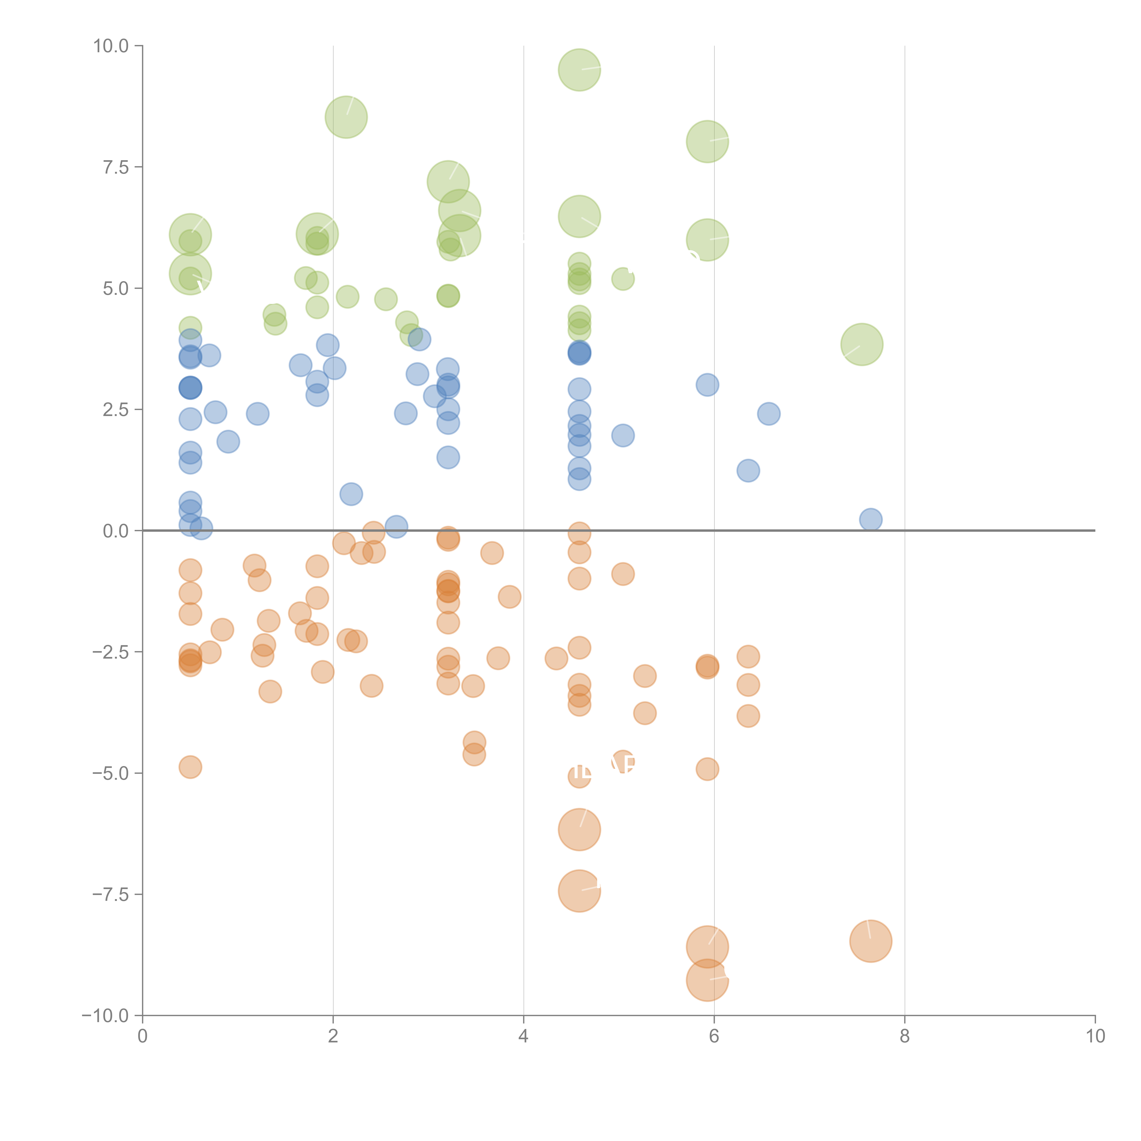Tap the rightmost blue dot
[x=871, y=520]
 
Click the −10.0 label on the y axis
[x=105, y=1016]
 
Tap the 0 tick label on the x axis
[x=142, y=1036]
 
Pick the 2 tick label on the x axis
[x=333, y=1036]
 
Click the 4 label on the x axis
[x=523, y=1036]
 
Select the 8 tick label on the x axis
[x=905, y=1036]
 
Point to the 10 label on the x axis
[x=1095, y=1036]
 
